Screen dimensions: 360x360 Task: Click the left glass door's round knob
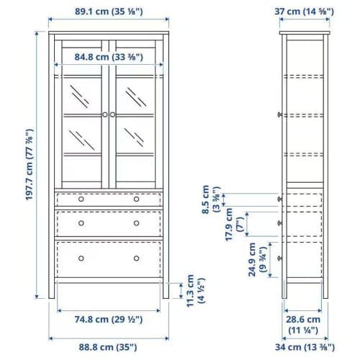pos(105,114)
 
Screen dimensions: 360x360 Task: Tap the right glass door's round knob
pos(113,114)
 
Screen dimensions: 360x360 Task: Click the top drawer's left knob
pos(81,199)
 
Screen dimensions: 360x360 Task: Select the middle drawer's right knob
pos(136,223)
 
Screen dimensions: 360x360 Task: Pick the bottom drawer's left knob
pos(81,258)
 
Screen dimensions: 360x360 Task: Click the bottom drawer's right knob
pos(136,258)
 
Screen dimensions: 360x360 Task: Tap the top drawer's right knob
pos(136,199)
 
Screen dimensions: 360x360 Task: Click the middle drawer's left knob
pos(81,223)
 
